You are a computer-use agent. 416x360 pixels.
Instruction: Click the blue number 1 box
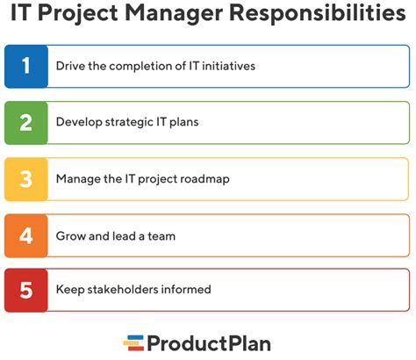pos(26,67)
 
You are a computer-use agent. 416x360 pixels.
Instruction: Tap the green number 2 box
pos(26,123)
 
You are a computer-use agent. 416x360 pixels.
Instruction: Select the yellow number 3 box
pos(26,179)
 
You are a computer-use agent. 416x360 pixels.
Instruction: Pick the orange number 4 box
pos(26,235)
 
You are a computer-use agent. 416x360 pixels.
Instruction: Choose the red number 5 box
pos(26,290)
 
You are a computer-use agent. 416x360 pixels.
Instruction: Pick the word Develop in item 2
pos(79,123)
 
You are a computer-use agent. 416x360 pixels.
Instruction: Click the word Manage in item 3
pos(79,179)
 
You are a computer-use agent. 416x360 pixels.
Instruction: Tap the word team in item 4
pos(164,235)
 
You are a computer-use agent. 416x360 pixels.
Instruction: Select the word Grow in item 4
pos(71,235)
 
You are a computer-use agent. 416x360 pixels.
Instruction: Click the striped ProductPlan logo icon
pos(133,342)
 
